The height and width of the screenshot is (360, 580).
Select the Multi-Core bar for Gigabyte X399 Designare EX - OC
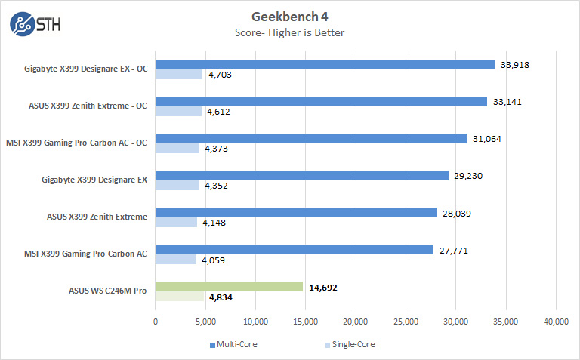[325, 64]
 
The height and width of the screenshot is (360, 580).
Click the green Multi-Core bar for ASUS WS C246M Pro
[229, 286]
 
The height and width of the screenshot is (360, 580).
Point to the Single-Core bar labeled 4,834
[179, 297]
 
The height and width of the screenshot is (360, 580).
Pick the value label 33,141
[505, 101]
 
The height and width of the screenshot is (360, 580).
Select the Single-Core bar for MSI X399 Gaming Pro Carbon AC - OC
[177, 149]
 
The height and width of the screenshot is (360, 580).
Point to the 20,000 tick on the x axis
[356, 321]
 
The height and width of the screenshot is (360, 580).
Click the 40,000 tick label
[556, 321]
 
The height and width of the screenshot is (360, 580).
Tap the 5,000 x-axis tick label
[205, 321]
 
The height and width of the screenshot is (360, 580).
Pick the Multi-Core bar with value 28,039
[295, 212]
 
